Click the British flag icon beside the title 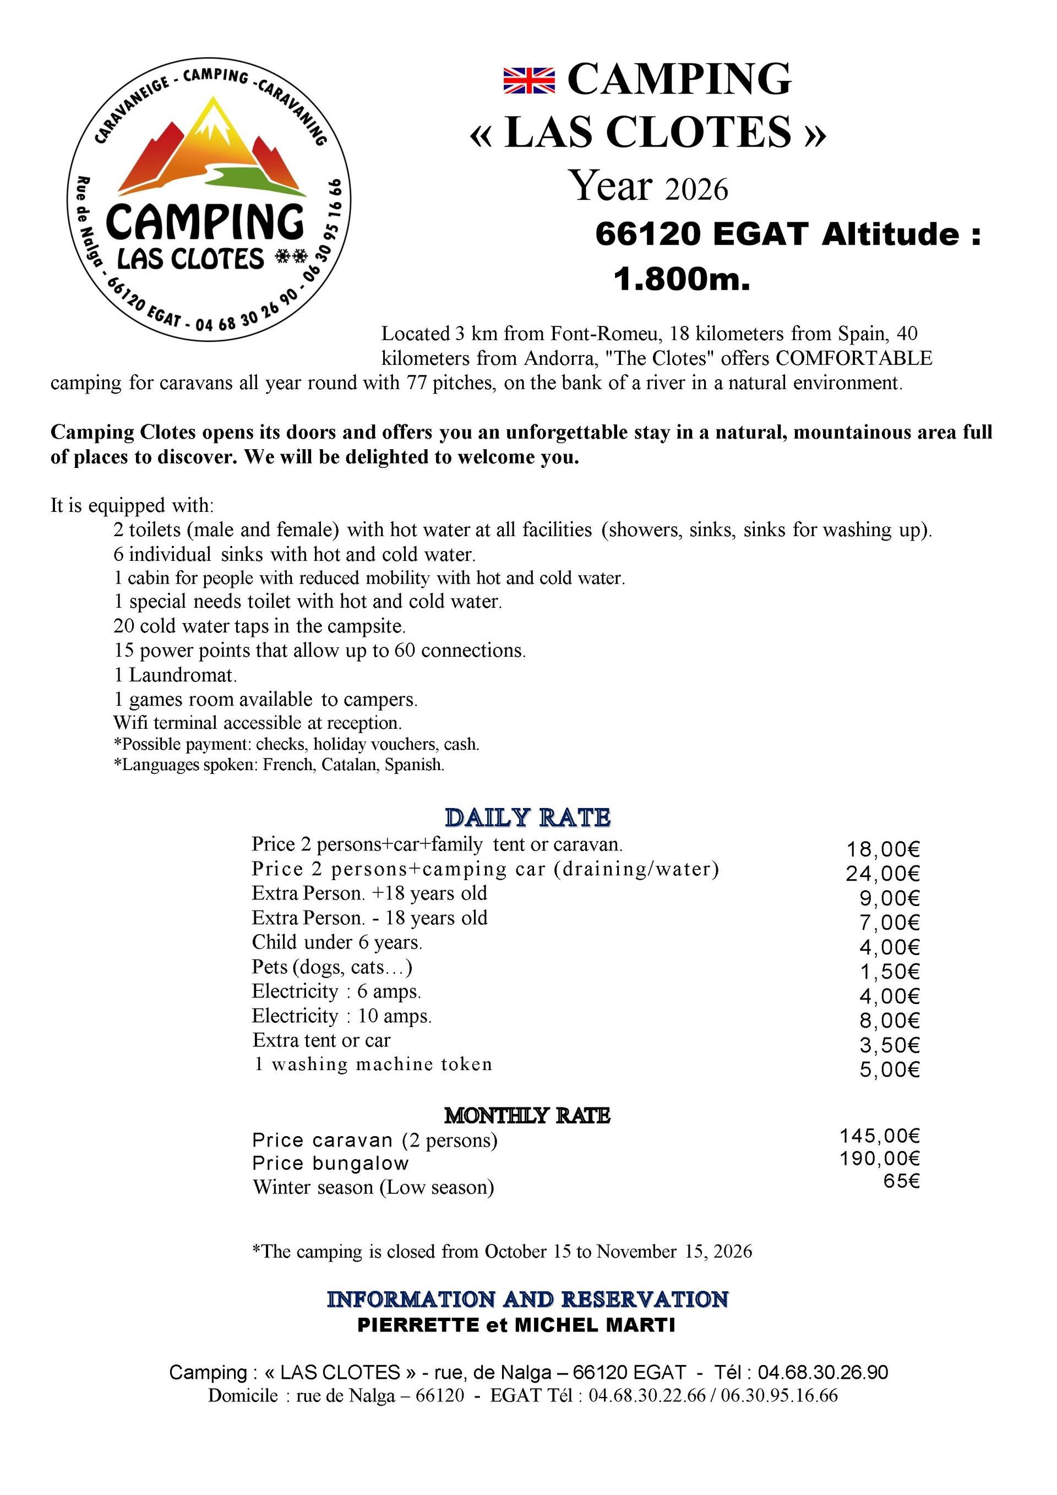529,80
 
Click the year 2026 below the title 696,189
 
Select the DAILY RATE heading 527,817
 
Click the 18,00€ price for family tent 882,849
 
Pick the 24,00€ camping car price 882,873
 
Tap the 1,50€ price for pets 889,972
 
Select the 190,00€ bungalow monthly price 879,1158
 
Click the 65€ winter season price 901,1181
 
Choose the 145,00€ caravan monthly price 879,1136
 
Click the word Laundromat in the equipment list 182,675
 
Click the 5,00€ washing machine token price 889,1069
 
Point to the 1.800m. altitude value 682,279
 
